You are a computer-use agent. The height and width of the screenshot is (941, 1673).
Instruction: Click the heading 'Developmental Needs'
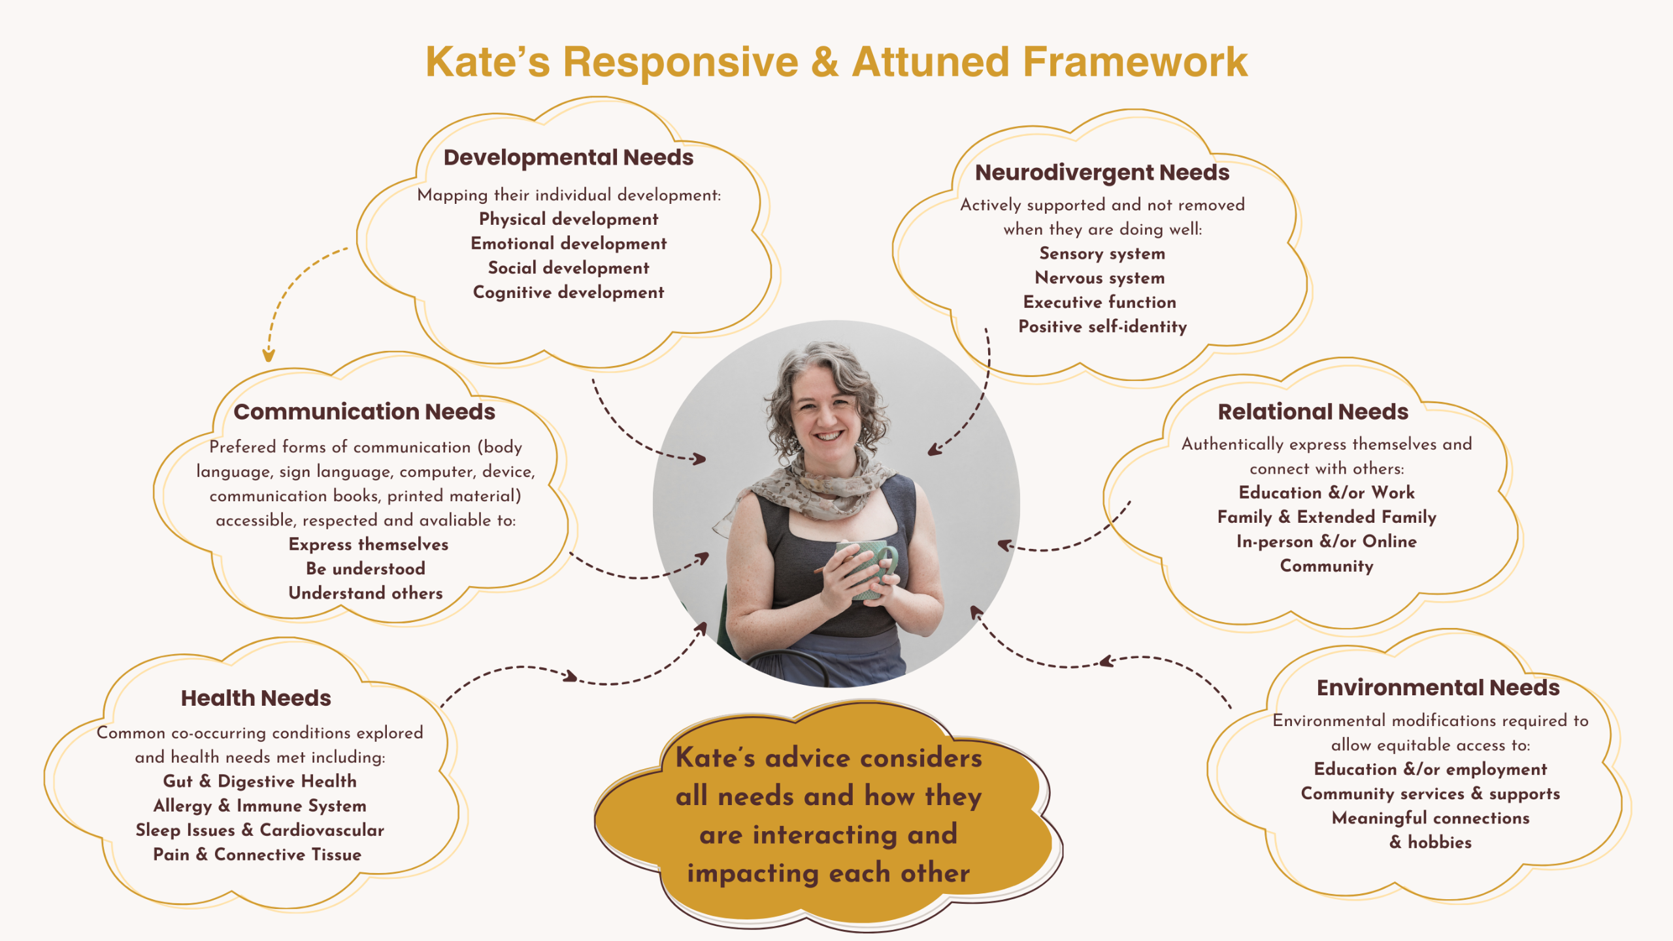[568, 157]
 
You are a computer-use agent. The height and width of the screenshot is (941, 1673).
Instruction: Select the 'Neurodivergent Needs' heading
[1102, 173]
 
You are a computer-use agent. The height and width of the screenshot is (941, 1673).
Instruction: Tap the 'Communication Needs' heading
[364, 412]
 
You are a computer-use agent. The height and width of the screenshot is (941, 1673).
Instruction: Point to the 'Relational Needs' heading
[1313, 412]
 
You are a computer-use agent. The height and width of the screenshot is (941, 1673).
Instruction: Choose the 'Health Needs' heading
[256, 698]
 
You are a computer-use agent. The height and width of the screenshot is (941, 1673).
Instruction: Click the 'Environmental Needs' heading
[1438, 687]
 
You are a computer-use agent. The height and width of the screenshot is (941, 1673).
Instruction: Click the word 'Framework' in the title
[1135, 62]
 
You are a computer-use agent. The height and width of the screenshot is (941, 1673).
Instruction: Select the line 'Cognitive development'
[568, 292]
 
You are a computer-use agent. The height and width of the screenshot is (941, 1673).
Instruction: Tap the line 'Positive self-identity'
[1102, 327]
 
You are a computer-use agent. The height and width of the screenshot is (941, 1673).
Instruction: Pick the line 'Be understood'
[365, 569]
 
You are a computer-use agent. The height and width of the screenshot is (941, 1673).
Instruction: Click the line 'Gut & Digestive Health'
[259, 781]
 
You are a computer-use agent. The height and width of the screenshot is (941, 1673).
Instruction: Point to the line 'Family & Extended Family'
[1327, 517]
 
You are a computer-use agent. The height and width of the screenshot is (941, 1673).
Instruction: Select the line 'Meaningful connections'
[1430, 818]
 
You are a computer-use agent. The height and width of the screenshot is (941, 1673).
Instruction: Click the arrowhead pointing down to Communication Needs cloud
[268, 355]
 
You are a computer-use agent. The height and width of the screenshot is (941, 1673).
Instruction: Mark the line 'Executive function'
[1099, 302]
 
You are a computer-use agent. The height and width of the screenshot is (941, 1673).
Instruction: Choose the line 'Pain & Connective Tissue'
[257, 854]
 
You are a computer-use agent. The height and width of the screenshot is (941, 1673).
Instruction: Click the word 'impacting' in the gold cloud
[752, 873]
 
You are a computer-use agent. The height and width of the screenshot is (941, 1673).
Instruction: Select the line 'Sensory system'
[1102, 254]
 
